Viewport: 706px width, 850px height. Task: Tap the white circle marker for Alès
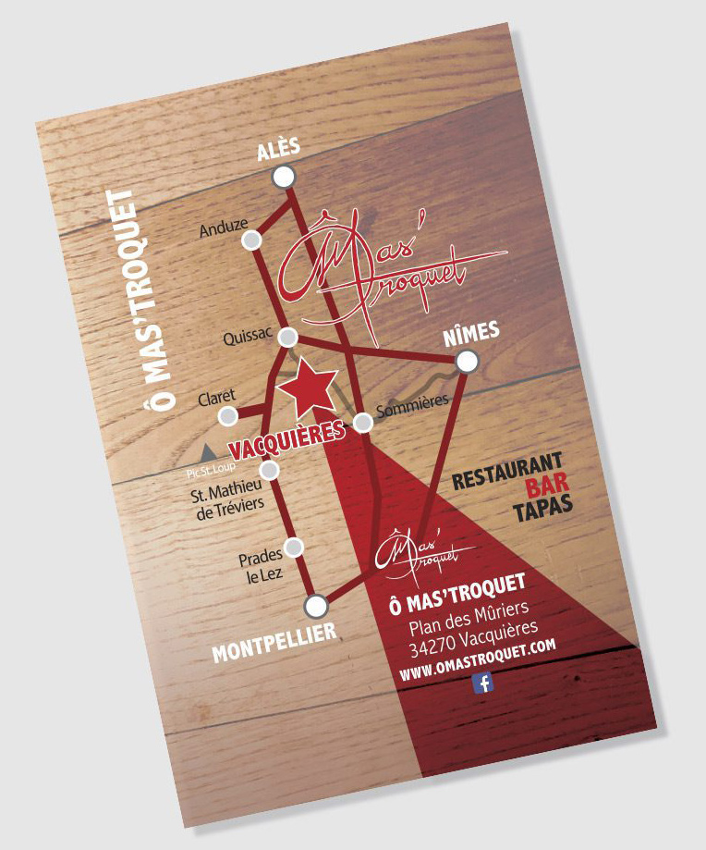(285, 176)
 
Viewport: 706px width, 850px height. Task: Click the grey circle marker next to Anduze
(250, 240)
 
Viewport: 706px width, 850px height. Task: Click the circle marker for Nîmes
(468, 362)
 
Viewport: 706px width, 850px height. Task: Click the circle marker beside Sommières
(364, 423)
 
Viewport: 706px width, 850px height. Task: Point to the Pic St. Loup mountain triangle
(209, 451)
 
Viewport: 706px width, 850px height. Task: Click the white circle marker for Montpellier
(316, 607)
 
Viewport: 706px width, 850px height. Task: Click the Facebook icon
(482, 683)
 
